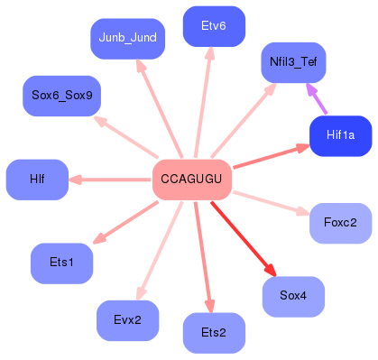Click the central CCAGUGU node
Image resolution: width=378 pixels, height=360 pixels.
[x=192, y=180]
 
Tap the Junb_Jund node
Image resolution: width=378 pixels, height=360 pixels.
[x=126, y=38]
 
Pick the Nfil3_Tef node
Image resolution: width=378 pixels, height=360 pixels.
[x=292, y=63]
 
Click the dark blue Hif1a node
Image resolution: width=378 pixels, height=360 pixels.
[x=340, y=135]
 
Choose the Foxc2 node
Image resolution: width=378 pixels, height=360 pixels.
[x=340, y=222]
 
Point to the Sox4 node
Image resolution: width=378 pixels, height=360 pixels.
[x=293, y=296]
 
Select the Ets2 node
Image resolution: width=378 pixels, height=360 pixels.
[x=214, y=333]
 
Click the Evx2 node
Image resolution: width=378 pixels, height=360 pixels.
[x=127, y=320]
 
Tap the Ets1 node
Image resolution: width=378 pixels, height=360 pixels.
[x=63, y=263]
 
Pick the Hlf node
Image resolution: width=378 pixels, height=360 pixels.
[x=37, y=180]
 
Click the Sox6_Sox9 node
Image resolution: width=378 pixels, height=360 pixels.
[x=61, y=96]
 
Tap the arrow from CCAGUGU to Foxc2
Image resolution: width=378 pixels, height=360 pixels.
[x=271, y=202]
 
